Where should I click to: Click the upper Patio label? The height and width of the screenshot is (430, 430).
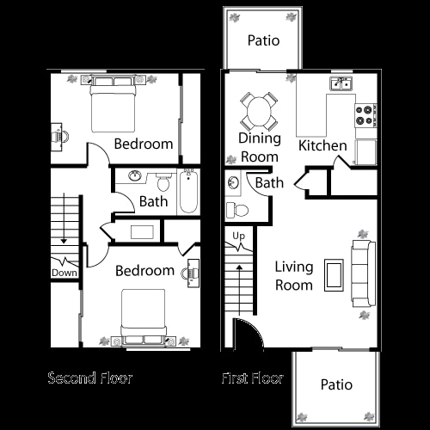tap(263, 40)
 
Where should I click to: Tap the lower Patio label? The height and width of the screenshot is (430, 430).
tap(336, 384)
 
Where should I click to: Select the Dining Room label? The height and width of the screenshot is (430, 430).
tap(259, 148)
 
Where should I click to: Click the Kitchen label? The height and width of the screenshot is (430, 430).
tap(322, 145)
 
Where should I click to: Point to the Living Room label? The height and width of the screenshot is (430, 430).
tap(294, 275)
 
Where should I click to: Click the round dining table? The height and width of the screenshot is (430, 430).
tap(259, 110)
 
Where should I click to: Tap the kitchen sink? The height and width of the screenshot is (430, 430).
tap(341, 83)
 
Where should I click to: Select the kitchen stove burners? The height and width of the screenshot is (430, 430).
tap(365, 111)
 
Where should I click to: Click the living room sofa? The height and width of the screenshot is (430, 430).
tap(363, 273)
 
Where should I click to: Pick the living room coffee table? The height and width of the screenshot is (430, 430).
tap(334, 274)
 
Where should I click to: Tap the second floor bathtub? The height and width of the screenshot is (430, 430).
tap(189, 192)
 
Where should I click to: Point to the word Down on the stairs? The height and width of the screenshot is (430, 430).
tap(64, 273)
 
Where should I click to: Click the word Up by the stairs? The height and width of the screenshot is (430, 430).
tap(239, 236)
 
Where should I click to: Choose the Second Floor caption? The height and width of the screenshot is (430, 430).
tap(90, 378)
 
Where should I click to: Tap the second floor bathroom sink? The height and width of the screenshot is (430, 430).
tap(136, 177)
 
